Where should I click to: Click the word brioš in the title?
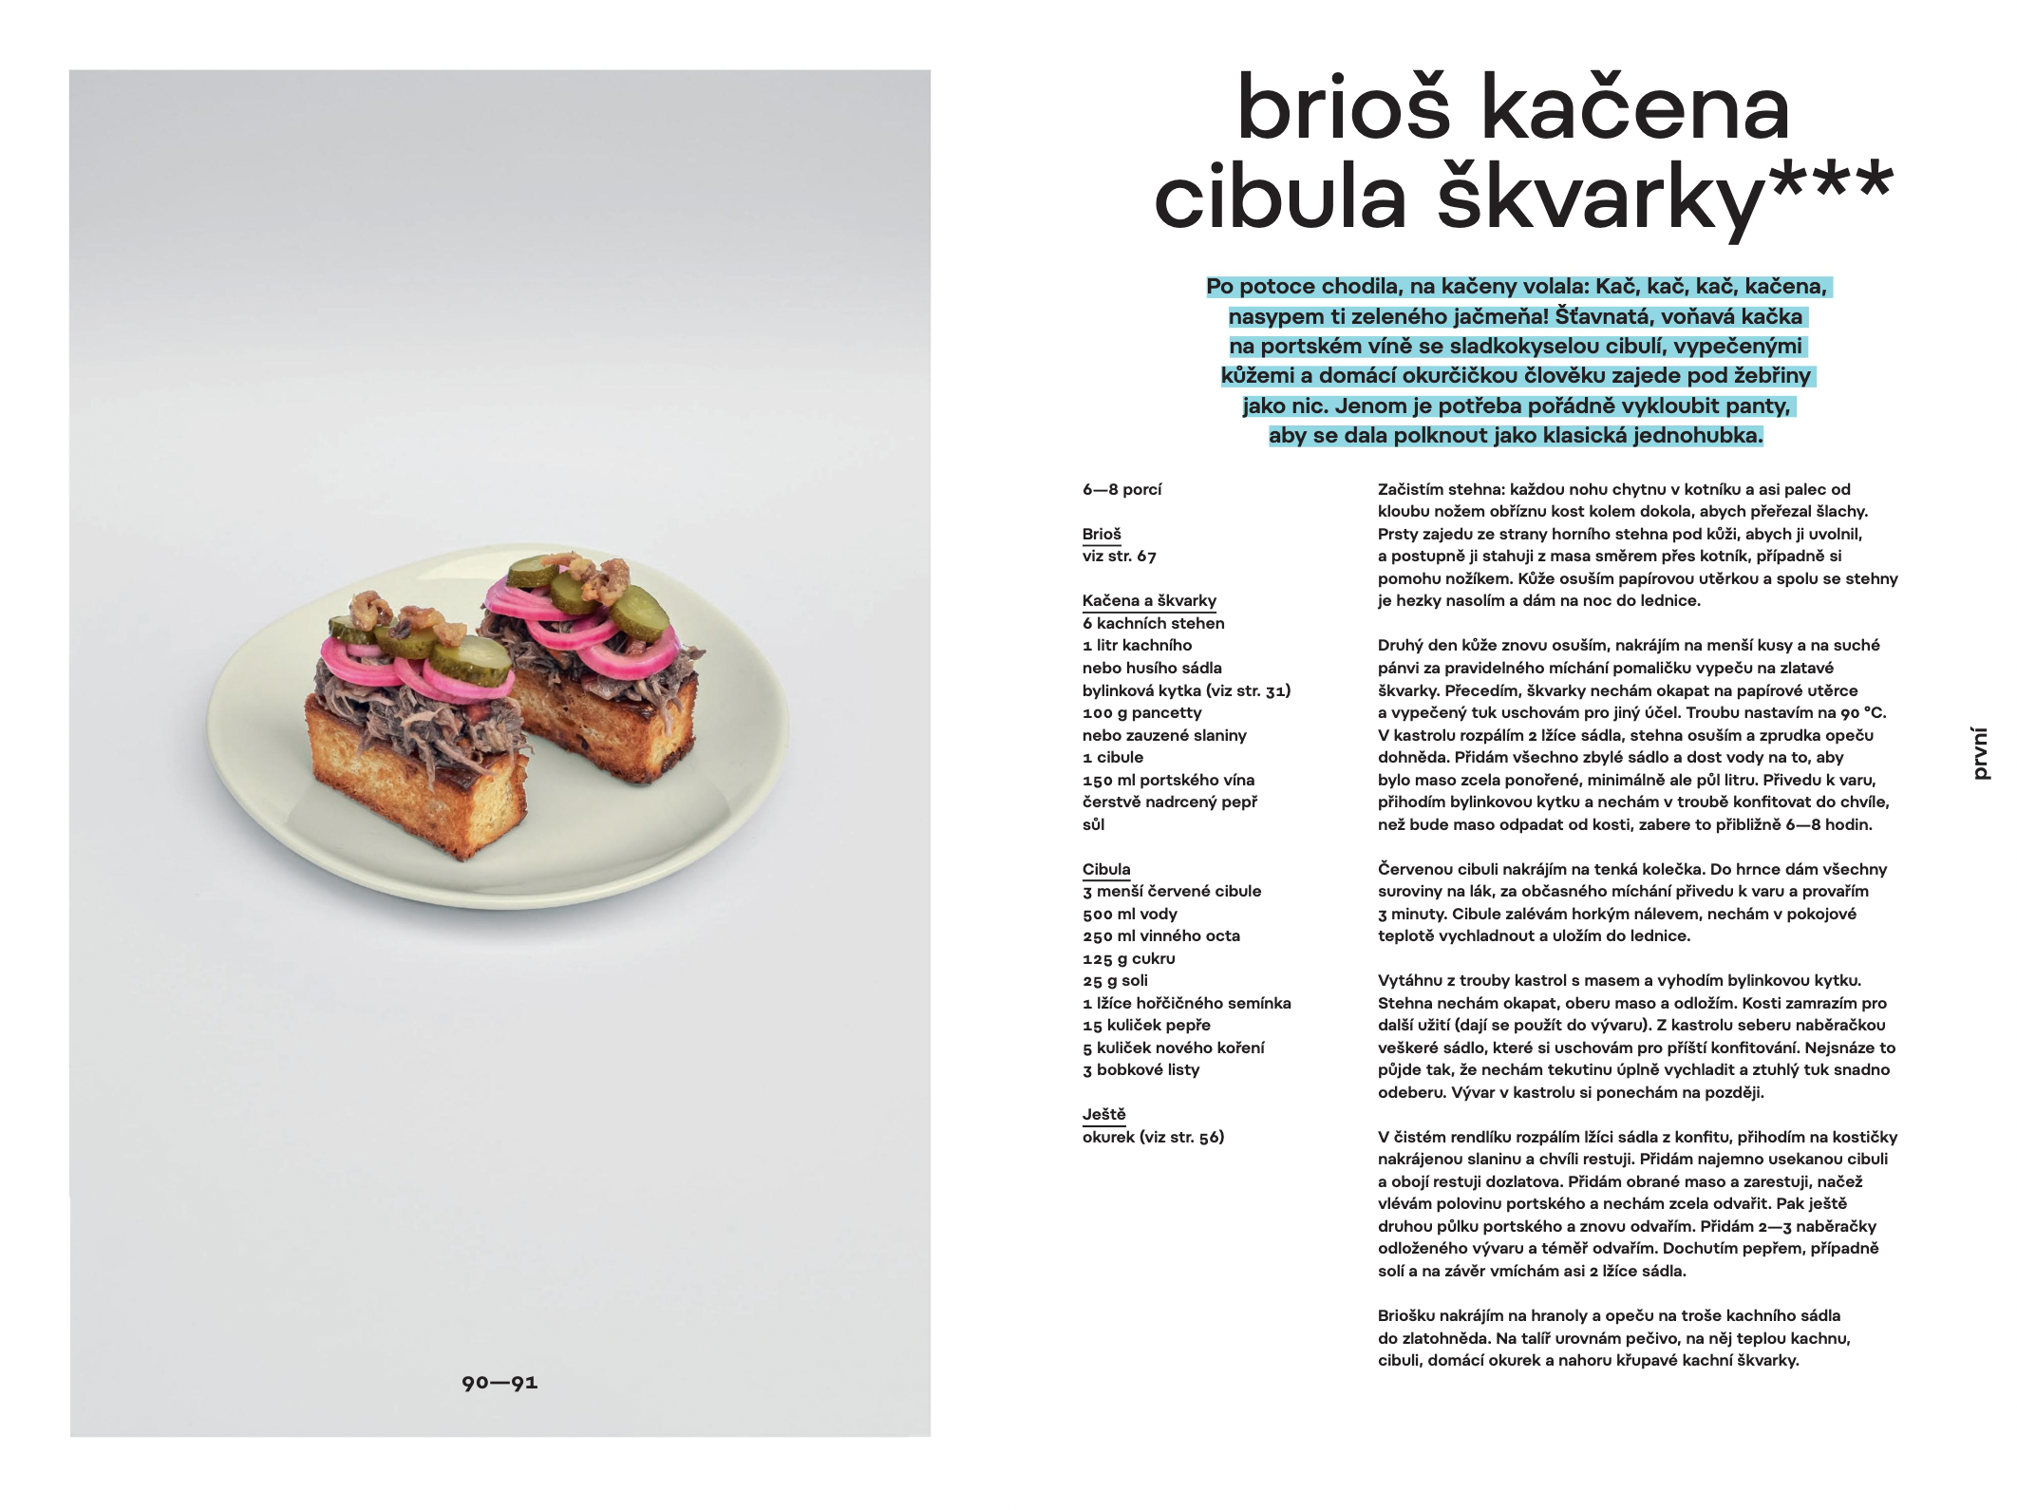click(1344, 107)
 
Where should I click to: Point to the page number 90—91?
click(500, 1383)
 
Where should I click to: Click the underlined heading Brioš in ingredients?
click(1102, 534)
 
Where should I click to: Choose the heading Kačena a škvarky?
click(1149, 600)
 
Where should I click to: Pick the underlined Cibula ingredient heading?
click(1106, 869)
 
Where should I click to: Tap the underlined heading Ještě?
click(1103, 1114)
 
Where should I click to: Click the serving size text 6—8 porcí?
click(1122, 489)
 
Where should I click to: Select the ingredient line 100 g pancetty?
click(1141, 712)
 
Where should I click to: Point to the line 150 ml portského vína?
click(1168, 780)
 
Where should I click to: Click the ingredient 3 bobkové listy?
click(1140, 1069)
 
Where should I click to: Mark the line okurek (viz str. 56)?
click(1153, 1137)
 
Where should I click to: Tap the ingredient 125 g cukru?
click(1128, 958)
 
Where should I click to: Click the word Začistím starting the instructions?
click(1411, 489)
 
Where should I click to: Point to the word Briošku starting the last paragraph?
click(1407, 1315)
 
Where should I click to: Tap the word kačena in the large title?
click(1635, 107)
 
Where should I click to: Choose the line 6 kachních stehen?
click(1153, 623)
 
